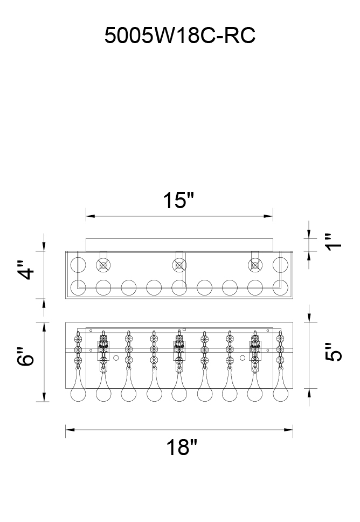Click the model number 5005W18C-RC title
tap(179, 35)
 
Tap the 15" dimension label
tap(178, 201)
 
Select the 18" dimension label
tap(182, 447)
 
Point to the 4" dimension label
tap(26, 269)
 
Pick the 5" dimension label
tap(333, 352)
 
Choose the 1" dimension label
tap(333, 242)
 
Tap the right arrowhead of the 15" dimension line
tap(268, 216)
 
